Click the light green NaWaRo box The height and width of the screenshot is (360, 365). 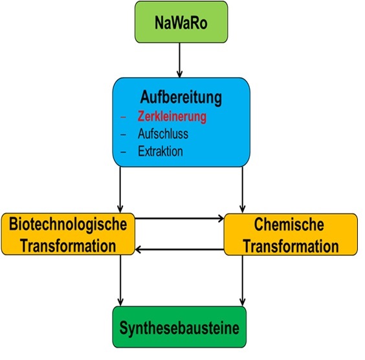pos(181,22)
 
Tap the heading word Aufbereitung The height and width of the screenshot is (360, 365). pos(181,97)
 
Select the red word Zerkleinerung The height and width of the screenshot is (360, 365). pos(171,117)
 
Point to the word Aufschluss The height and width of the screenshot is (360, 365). pos(163,134)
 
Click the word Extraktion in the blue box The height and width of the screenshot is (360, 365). pos(160,151)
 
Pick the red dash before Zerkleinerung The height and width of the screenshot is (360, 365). pos(123,117)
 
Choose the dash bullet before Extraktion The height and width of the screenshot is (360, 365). pos(123,152)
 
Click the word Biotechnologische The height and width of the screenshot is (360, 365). pos(68,225)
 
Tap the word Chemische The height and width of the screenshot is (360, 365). pos(289,224)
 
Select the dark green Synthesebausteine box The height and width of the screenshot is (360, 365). pos(179,327)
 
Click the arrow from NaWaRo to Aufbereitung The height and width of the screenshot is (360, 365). pos(179,60)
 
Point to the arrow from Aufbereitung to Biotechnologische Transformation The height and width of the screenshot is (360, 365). pos(120,190)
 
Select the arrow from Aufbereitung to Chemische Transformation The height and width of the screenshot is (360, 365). pos(243,190)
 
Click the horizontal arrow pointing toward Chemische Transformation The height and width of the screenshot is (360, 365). pos(179,218)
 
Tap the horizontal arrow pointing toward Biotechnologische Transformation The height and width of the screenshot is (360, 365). pos(179,250)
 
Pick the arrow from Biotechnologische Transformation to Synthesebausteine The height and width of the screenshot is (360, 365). pos(120,280)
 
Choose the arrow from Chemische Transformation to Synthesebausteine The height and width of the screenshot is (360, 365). pos(243,280)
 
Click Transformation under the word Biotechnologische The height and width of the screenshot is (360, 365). pos(68,246)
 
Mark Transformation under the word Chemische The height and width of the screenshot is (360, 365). pos(291,246)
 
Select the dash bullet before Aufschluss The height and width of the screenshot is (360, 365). pos(123,135)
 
